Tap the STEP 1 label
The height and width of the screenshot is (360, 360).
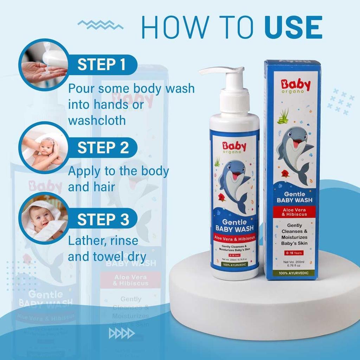click(x=101, y=65)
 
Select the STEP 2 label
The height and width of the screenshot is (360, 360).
click(x=103, y=148)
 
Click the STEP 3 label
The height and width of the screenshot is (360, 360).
click(x=103, y=219)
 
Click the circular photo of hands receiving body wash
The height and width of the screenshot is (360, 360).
click(x=43, y=65)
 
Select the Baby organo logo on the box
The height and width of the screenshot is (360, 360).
click(x=296, y=86)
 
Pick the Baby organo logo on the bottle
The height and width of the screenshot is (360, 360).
click(x=234, y=147)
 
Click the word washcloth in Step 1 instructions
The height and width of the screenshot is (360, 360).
click(x=97, y=120)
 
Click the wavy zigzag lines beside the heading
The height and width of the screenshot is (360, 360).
click(x=100, y=25)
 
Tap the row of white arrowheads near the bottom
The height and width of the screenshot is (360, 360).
click(x=122, y=333)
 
